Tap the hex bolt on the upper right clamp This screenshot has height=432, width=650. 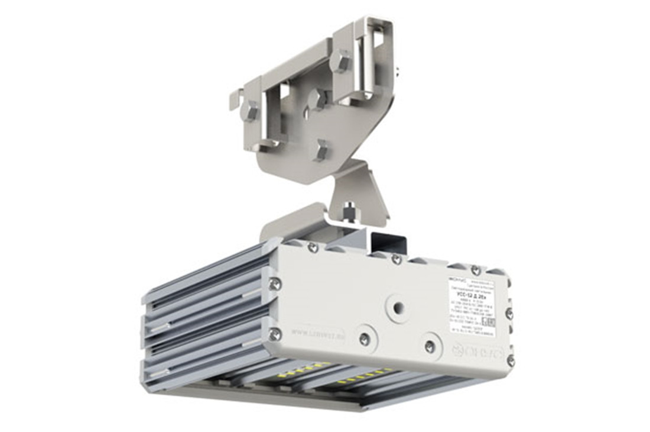(342, 62)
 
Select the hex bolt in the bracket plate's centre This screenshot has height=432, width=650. (318, 99)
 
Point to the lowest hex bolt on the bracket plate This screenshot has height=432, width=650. (321, 150)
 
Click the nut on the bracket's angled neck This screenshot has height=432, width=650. (350, 210)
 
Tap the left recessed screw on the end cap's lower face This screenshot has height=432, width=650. (365, 339)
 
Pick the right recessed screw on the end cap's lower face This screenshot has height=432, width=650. (430, 346)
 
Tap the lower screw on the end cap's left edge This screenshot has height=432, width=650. (274, 335)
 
